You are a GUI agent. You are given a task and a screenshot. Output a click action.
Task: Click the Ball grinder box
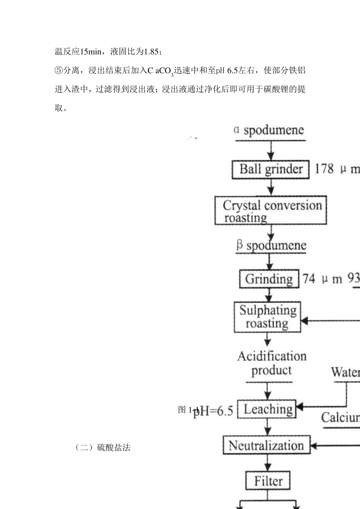pos(271,169)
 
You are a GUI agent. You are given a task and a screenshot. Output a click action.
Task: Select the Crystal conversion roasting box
pos(271,211)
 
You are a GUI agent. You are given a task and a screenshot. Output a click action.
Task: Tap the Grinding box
pos(269,279)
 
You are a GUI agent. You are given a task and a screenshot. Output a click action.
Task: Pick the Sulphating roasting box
pos(267,317)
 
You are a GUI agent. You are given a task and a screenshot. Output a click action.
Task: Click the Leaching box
pos(268,409)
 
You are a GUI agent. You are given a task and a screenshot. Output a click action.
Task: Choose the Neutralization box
pos(266,445)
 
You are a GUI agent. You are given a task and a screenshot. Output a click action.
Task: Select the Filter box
pos(268,481)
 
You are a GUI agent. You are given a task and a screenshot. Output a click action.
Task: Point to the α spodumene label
pos(269,130)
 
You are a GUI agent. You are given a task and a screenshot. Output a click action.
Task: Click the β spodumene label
pos(271,245)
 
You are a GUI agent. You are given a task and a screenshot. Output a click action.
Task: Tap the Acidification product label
pos(271,363)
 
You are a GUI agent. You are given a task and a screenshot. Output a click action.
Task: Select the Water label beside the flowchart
pos(345,372)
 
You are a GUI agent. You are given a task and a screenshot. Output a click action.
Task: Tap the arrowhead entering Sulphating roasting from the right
pos(304,321)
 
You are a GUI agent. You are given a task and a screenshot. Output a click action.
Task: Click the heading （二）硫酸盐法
pos(103,448)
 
